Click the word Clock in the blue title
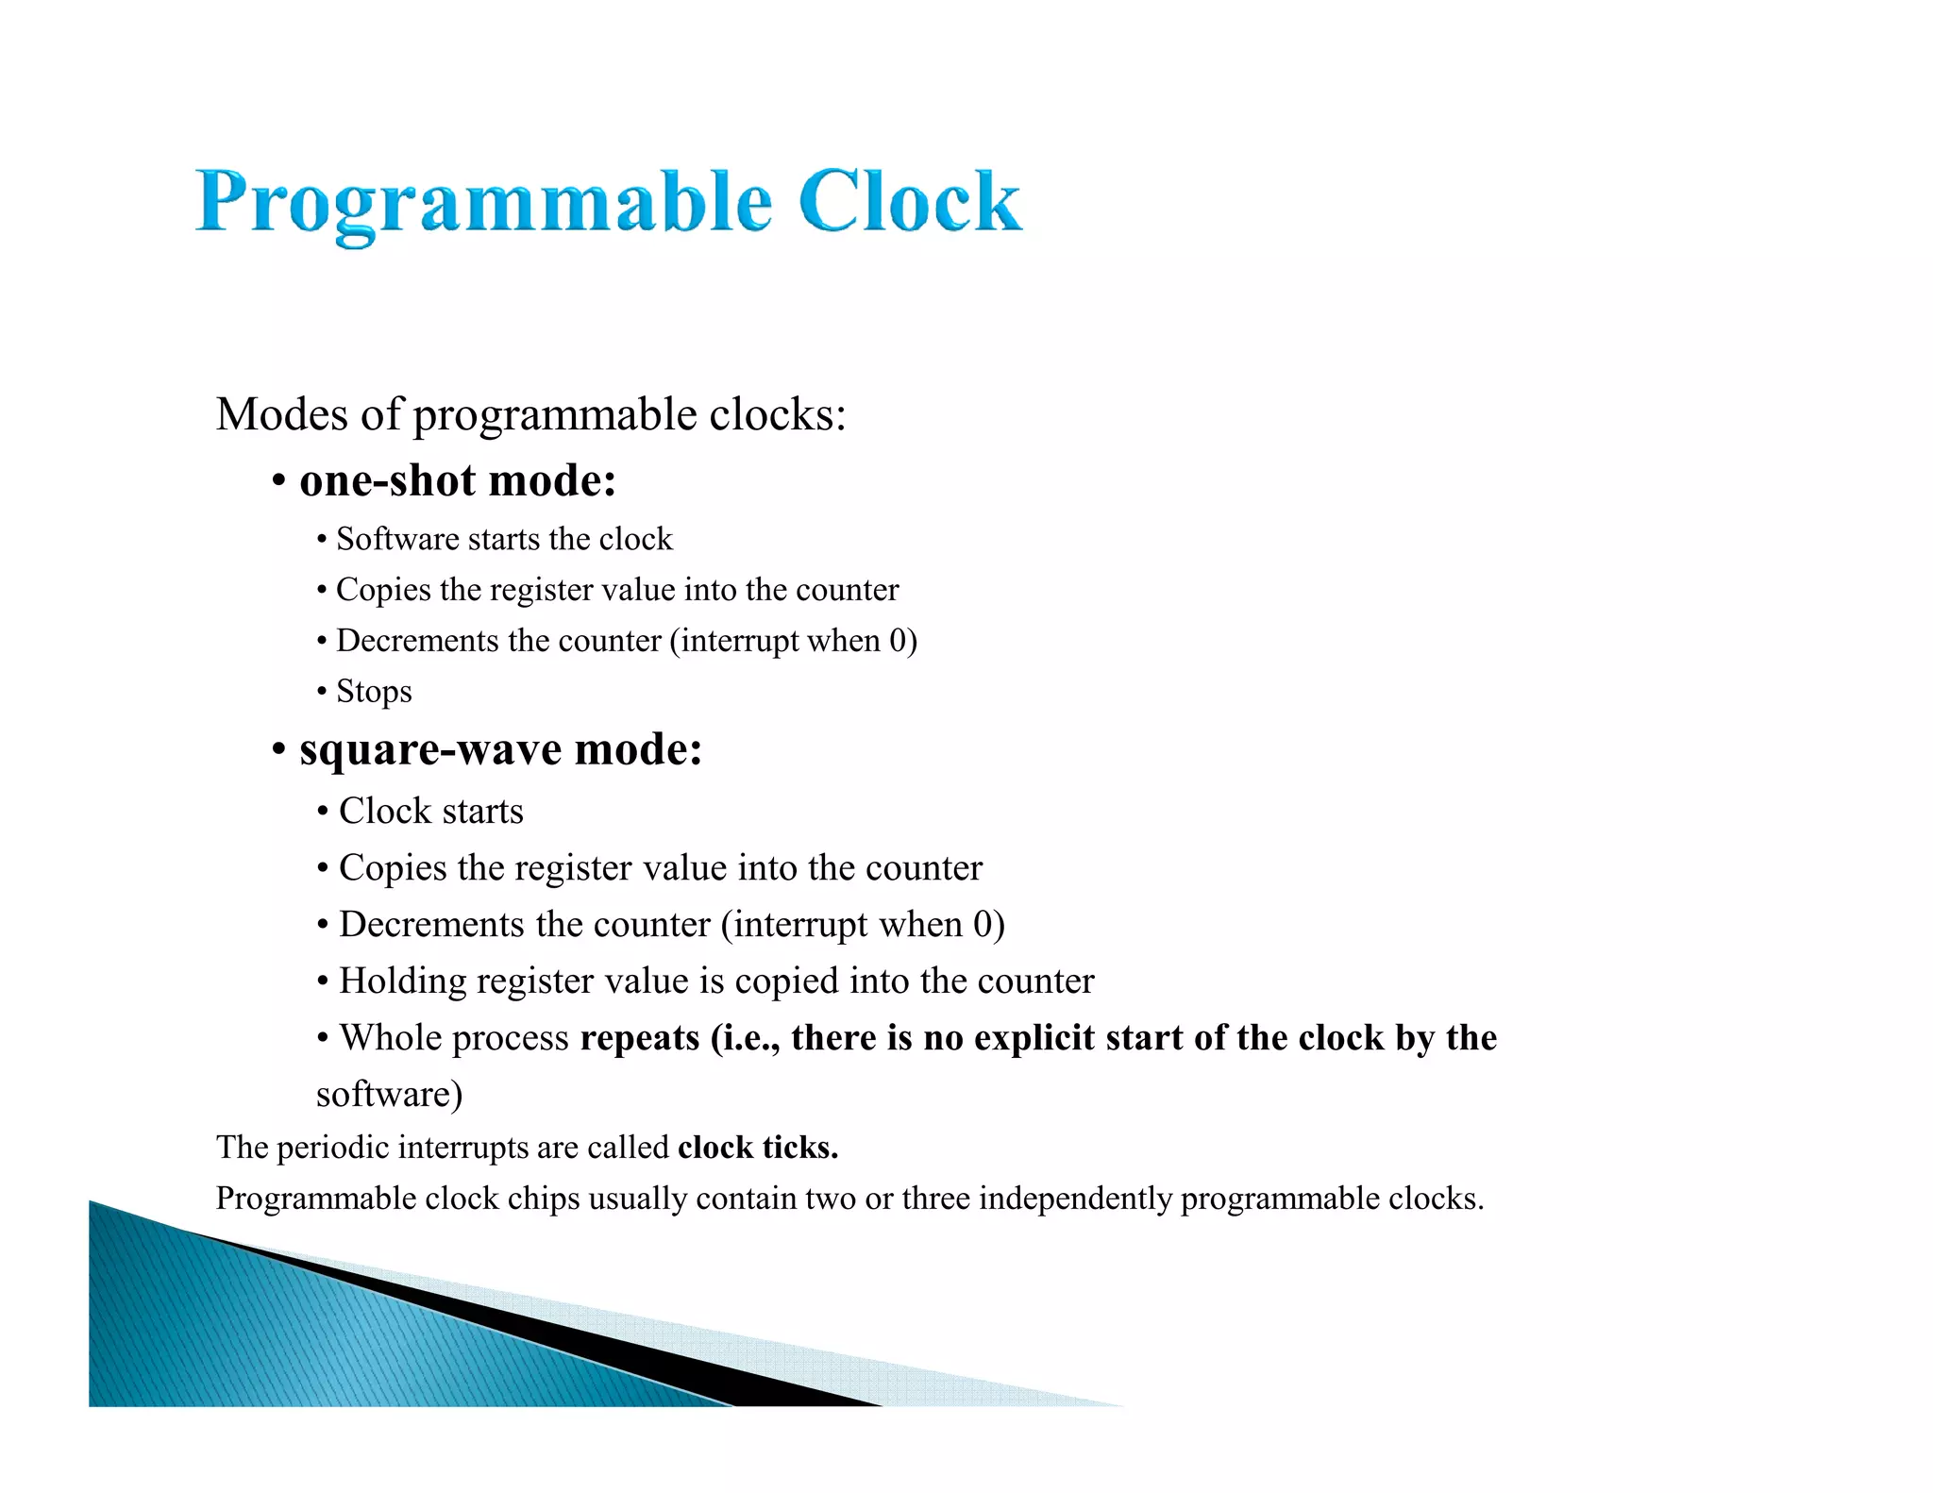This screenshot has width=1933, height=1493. [909, 201]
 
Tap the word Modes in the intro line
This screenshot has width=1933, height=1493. [281, 414]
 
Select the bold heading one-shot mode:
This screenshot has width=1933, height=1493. [458, 480]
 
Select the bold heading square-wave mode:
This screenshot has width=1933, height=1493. [500, 750]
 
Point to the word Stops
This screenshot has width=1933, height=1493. [374, 692]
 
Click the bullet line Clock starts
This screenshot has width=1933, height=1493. [430, 812]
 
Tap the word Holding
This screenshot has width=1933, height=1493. [402, 981]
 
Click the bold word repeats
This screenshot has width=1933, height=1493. [639, 1038]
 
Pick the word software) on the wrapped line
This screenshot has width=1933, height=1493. [389, 1095]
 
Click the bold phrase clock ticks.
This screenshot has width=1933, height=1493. [757, 1148]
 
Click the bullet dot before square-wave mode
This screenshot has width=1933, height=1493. [278, 751]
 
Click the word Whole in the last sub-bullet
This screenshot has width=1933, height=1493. [389, 1038]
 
